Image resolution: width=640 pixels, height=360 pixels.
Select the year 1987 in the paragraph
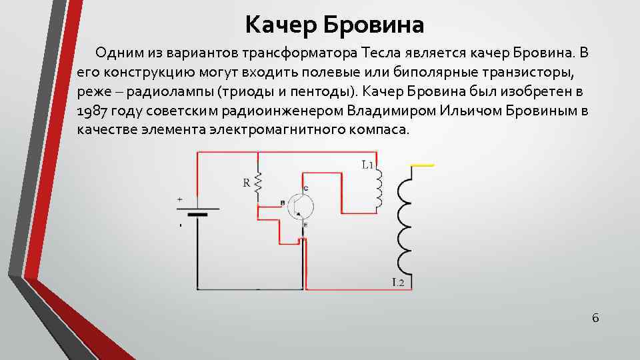[91, 109]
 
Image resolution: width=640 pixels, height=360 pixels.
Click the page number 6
[595, 318]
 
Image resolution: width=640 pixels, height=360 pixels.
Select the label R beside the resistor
[247, 182]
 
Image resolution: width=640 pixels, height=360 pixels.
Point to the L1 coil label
[367, 165]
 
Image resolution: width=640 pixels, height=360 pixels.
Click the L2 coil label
[398, 283]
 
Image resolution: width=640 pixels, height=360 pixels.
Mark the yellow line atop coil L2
[423, 164]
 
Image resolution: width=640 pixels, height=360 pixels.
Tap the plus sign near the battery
[179, 199]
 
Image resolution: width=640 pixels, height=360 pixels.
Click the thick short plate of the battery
[197, 215]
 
